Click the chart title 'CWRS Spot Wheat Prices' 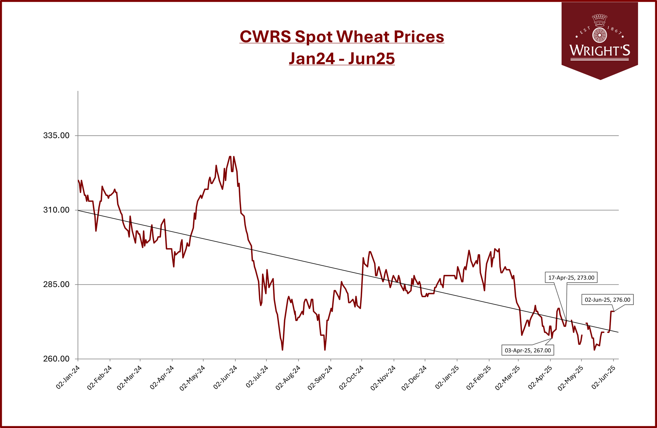click(342, 36)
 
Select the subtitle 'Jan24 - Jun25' click(342, 58)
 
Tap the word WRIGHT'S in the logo click(600, 50)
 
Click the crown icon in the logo click(600, 19)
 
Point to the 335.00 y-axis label click(56, 135)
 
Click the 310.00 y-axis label click(56, 210)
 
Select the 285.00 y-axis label click(56, 284)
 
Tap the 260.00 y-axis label click(56, 359)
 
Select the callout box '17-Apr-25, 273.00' click(571, 278)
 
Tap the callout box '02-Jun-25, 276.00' click(608, 300)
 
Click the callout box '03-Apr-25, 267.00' click(528, 350)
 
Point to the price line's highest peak click(230, 157)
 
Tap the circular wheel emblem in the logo click(600, 35)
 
